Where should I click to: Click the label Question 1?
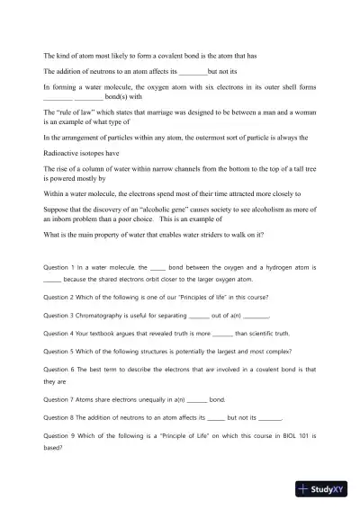(x=62, y=267)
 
